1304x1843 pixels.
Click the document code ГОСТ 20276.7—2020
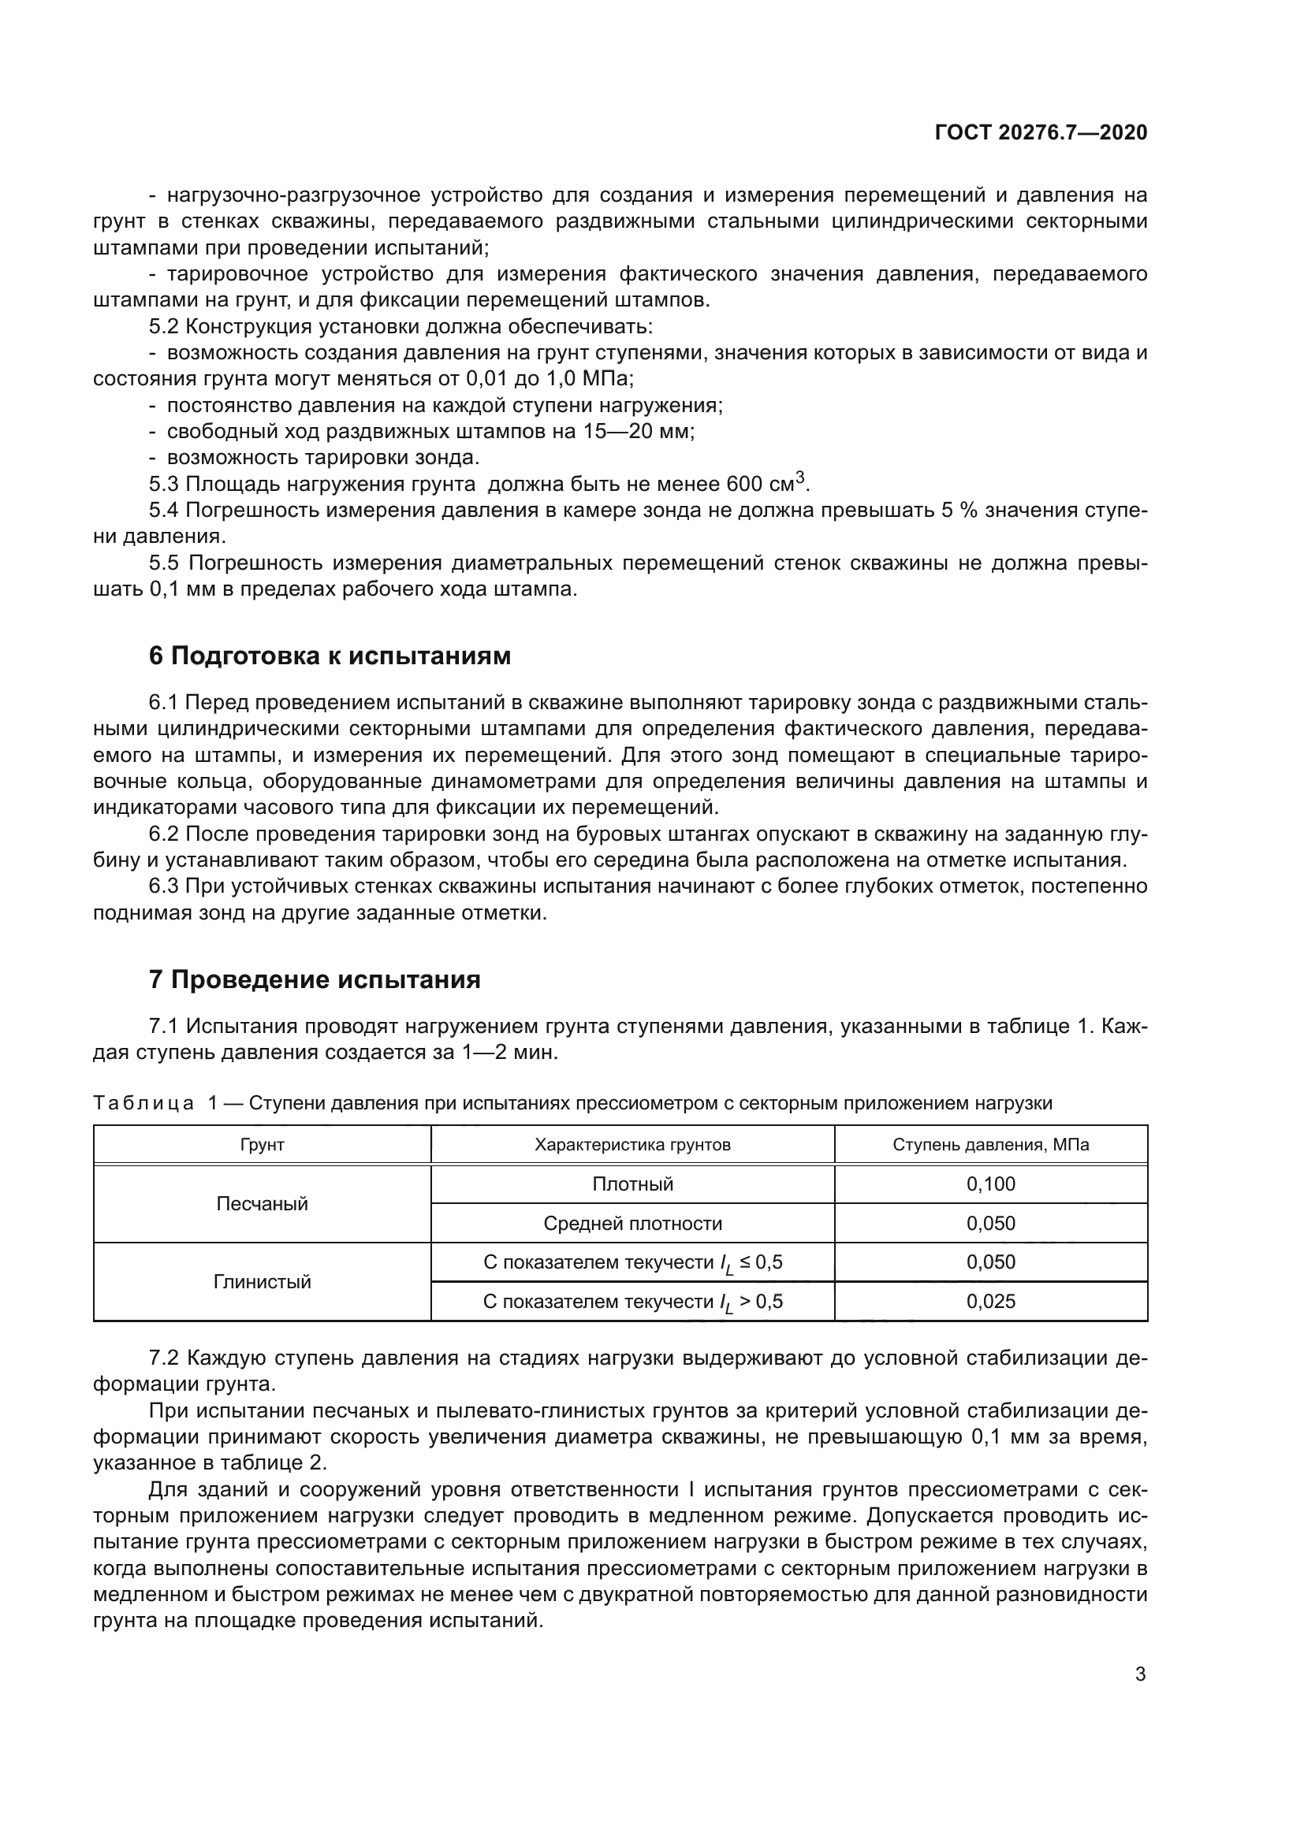pos(1041,132)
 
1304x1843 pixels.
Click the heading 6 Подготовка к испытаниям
pos(330,656)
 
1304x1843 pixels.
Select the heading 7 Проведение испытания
pos(315,979)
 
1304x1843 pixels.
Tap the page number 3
pos(1140,1674)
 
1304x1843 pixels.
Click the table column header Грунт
pos(262,1145)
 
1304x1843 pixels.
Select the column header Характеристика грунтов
pos(633,1145)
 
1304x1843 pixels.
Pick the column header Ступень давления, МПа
pos(991,1145)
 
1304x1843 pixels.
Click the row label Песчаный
pos(262,1204)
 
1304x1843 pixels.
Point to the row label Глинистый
pos(262,1282)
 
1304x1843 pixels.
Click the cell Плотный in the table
pos(633,1184)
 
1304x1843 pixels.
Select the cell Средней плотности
pos(633,1224)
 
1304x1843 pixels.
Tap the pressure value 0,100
pos(991,1184)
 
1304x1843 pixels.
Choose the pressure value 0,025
pos(991,1301)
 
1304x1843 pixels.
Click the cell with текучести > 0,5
pos(633,1301)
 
